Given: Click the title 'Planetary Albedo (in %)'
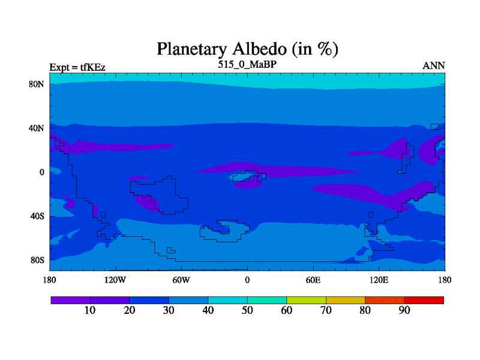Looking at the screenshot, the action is (x=247, y=49).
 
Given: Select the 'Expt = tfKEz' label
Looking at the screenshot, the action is (x=77, y=67).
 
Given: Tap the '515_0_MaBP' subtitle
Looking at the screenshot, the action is (x=247, y=64).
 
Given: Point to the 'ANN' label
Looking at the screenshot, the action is (x=433, y=66).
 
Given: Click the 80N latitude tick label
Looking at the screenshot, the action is (x=37, y=84).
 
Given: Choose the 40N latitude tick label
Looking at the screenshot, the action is (x=37, y=128).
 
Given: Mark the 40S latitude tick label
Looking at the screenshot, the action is (x=37, y=216).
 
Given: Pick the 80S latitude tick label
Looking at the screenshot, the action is (x=37, y=260).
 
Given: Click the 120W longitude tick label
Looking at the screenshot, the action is (x=115, y=280).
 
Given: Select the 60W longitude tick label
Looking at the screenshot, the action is (x=181, y=280).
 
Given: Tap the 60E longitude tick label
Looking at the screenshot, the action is (x=313, y=280).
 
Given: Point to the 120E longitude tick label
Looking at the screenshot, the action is (x=379, y=280).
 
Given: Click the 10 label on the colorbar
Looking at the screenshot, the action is (x=90, y=310).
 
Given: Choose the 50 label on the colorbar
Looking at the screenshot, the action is (x=247, y=310).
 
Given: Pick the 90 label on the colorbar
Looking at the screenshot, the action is (x=404, y=310).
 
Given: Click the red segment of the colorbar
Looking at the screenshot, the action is (x=424, y=301).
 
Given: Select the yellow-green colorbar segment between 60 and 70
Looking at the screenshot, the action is (x=306, y=301).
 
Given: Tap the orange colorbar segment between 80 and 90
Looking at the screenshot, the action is (x=385, y=301).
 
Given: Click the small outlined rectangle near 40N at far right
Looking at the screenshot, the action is (x=434, y=127).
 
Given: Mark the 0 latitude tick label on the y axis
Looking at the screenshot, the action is (x=41, y=172).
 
